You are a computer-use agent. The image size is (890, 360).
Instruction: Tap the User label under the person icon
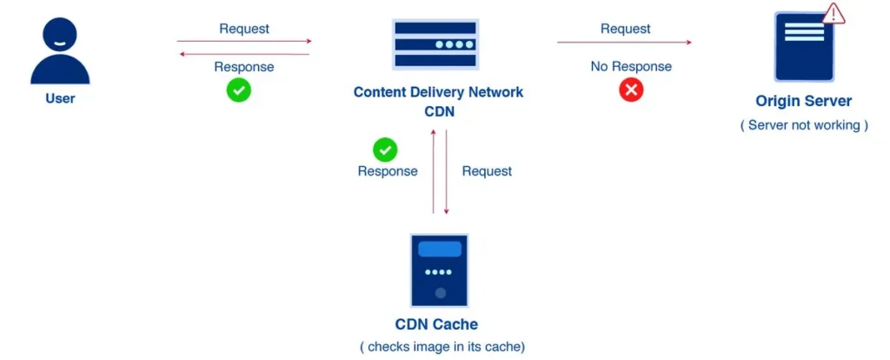point(60,98)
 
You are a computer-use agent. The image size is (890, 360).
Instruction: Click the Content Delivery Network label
point(438,91)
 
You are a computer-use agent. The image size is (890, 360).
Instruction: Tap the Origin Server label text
point(804,102)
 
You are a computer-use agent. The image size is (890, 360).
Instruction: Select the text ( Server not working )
point(804,125)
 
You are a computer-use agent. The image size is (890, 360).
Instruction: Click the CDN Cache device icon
point(440,270)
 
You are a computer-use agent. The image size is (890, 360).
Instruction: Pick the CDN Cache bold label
point(437,325)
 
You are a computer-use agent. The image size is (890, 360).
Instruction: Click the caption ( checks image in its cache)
point(442,347)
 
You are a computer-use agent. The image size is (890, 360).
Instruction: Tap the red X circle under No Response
point(631,90)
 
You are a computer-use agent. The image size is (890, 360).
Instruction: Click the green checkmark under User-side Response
point(239,90)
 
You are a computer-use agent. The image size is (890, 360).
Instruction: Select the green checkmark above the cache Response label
point(385,150)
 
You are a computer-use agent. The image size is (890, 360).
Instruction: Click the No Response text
point(631,66)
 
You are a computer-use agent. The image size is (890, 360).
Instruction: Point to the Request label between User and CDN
point(244,29)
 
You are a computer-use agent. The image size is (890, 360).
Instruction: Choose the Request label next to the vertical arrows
point(487,171)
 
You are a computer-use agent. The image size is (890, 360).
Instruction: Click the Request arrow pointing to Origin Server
point(624,42)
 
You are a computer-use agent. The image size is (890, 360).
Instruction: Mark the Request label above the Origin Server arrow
point(625,29)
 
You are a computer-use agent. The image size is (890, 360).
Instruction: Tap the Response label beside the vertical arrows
point(388,171)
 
